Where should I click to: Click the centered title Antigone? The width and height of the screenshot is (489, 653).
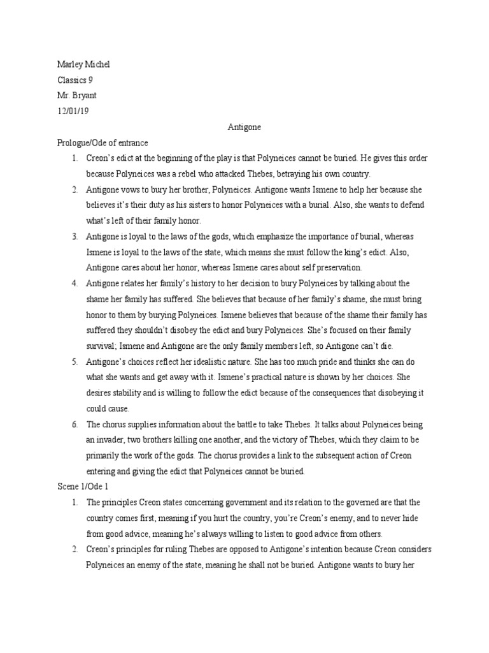click(244, 127)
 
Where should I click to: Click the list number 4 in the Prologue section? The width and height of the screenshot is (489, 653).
click(74, 282)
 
